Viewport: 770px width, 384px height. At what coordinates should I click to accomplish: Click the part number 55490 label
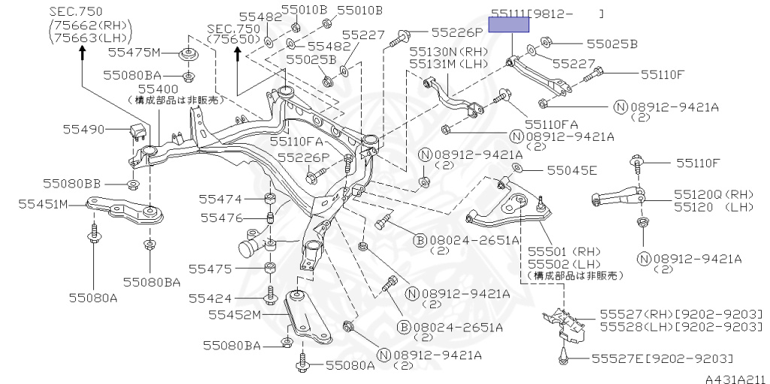click(x=83, y=130)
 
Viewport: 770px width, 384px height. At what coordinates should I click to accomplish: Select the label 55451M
click(x=43, y=203)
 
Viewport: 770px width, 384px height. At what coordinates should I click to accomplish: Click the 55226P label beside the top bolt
click(x=458, y=32)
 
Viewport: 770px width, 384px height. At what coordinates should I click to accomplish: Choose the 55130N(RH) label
click(x=450, y=52)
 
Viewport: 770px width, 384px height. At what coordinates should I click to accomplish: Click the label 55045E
click(x=572, y=171)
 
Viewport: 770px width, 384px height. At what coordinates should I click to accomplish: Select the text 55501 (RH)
click(x=564, y=252)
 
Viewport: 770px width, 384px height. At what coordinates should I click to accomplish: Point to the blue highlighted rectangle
click(x=509, y=25)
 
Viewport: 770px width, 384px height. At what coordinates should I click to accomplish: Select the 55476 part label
click(x=222, y=218)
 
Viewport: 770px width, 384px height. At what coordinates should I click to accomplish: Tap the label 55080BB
click(x=71, y=184)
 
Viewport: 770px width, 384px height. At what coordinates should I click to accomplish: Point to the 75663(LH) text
click(x=91, y=38)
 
